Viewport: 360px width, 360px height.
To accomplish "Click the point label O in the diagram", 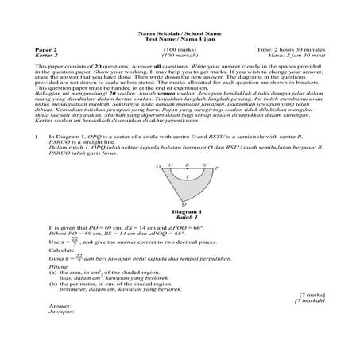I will [x=158, y=168].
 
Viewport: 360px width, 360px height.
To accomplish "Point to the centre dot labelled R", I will [x=186, y=168].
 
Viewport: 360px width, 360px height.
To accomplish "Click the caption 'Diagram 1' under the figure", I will [x=188, y=211].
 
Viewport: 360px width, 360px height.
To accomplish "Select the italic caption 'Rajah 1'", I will [x=188, y=217].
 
